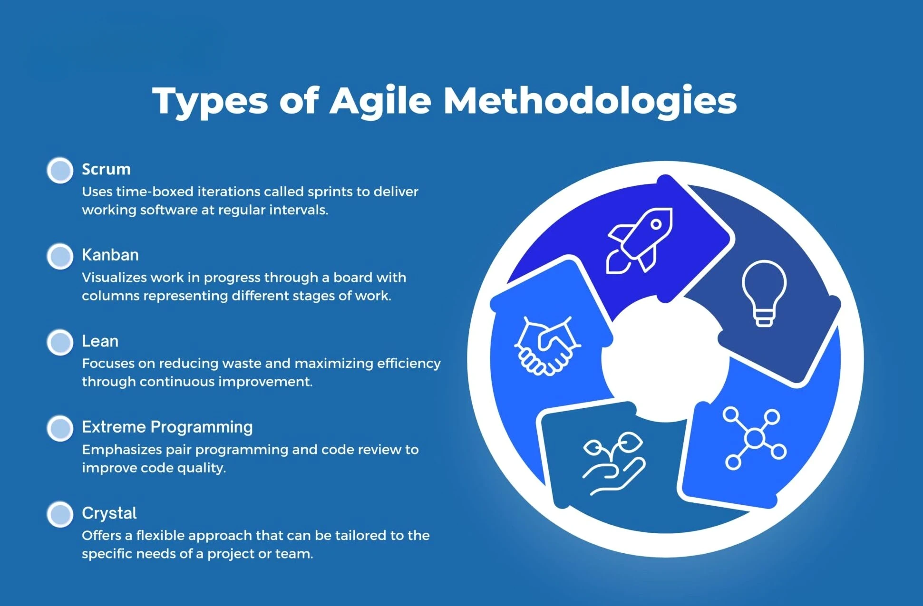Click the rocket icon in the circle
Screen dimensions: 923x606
640,240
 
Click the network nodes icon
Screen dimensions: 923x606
754,438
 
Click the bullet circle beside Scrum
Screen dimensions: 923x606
60,170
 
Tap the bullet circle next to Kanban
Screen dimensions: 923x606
60,256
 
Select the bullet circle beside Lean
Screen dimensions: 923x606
60,342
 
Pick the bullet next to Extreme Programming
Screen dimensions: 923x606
60,428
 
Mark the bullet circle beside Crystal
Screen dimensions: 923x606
60,514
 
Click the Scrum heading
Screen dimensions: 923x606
106,169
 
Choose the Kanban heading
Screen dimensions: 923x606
110,255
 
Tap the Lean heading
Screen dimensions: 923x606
100,341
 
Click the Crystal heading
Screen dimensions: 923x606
109,513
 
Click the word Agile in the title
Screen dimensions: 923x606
380,101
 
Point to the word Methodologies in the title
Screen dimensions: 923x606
590,101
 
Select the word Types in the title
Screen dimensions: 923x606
210,102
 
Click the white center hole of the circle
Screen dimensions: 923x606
665,359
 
